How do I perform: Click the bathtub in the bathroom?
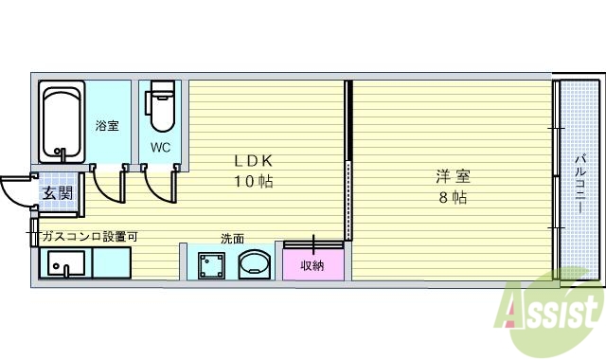click(x=62, y=123)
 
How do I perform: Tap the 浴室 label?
click(x=107, y=125)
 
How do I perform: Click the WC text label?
click(x=161, y=147)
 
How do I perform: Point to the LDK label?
click(x=254, y=160)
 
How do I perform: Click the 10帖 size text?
click(x=254, y=180)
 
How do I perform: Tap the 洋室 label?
click(x=453, y=176)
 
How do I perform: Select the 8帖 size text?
click(x=452, y=197)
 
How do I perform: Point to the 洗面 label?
click(x=232, y=238)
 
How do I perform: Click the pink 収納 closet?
click(x=312, y=264)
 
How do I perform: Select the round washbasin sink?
click(x=254, y=264)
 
